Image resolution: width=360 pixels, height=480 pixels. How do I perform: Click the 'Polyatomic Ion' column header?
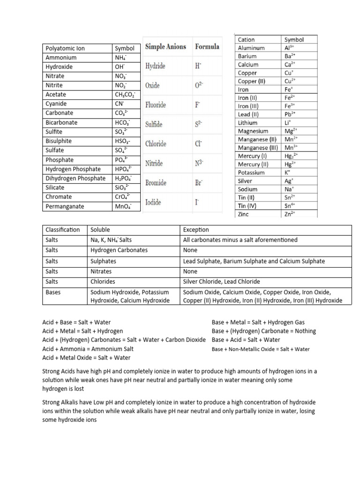(65, 48)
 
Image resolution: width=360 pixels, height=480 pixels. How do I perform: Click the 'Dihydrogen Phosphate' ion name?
(75, 179)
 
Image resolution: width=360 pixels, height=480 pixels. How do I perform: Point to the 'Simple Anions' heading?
(165, 47)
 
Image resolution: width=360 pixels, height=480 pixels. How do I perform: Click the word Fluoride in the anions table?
(156, 105)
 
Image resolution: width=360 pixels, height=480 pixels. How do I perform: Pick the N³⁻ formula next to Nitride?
(199, 164)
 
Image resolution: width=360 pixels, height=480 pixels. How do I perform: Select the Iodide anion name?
(154, 202)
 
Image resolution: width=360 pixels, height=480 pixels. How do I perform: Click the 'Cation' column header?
(247, 40)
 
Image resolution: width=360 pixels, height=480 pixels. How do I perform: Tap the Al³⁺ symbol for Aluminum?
(290, 48)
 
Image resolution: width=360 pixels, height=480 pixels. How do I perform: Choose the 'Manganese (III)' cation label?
(258, 148)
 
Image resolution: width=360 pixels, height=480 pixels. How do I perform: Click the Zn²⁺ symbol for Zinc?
(290, 214)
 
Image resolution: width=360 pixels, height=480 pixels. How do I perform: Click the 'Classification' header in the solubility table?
(63, 230)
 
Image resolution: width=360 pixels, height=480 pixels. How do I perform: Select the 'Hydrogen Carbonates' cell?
(119, 250)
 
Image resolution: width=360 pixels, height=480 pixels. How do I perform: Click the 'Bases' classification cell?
(53, 292)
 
